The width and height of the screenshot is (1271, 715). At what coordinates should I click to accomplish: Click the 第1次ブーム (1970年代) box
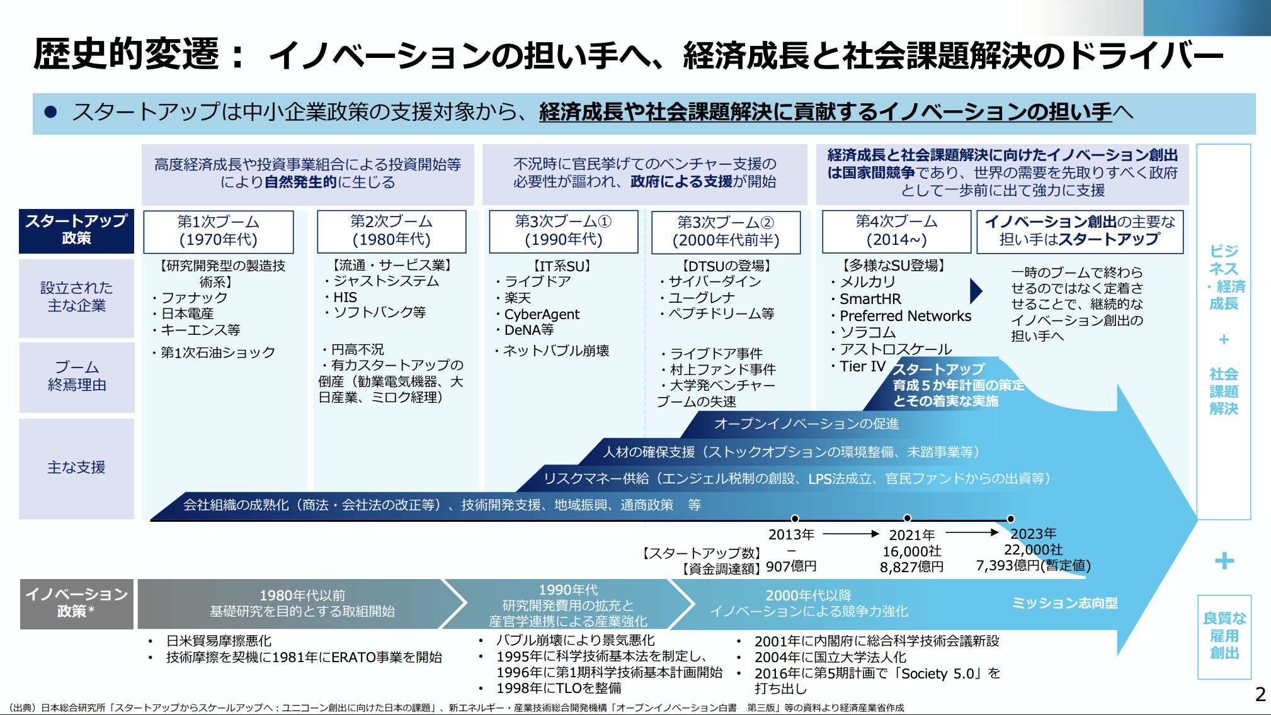pos(218,231)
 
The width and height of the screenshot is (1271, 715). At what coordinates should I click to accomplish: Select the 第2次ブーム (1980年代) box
pos(391,231)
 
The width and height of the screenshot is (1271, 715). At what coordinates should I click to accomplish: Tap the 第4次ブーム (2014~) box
pos(896,231)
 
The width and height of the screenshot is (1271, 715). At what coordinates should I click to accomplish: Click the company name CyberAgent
pos(542,314)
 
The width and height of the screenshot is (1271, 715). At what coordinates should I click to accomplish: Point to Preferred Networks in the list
pos(905,316)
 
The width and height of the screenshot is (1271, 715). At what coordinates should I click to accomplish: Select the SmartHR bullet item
pos(870,299)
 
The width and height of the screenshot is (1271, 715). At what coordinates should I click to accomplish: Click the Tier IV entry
pos(862,366)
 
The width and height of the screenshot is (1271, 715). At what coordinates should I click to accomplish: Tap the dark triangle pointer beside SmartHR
pos(976,291)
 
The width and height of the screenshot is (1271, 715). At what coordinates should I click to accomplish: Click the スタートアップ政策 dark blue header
pos(76,230)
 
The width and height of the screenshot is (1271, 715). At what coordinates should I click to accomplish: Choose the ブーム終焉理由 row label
pos(76,376)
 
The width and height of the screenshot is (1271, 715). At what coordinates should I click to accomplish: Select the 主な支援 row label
pos(76,468)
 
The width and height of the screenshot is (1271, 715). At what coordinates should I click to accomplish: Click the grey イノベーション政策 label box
pos(76,603)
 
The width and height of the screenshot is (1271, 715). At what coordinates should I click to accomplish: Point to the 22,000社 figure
pos(1033,549)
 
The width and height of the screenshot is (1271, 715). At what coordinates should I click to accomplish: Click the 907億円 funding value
pos(791,566)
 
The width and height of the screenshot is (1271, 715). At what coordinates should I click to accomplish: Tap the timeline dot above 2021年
pos(907,518)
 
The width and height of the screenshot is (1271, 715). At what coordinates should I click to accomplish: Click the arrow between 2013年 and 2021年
pos(850,534)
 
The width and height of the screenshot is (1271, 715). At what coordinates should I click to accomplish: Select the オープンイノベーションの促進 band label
pos(806,424)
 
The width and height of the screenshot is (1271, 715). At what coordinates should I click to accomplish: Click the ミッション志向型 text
pos(1064,603)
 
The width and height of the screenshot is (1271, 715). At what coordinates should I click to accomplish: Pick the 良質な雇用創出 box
pos(1224,636)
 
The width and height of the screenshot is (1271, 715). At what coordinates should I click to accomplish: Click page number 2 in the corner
pos(1260,694)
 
